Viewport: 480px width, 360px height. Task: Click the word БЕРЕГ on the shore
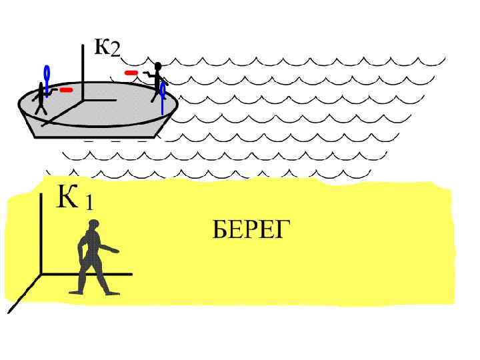251,230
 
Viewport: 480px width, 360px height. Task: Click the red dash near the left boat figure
66,89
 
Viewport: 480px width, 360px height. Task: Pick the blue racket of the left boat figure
47,75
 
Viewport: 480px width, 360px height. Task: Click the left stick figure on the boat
41,100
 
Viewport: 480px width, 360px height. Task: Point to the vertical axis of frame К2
83,67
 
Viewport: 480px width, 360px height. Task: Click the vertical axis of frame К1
41,233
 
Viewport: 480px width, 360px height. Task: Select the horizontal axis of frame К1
87,273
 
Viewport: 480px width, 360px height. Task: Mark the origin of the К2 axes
83,100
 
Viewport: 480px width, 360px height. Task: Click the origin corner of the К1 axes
41,273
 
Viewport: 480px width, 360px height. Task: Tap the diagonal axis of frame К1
23,294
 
